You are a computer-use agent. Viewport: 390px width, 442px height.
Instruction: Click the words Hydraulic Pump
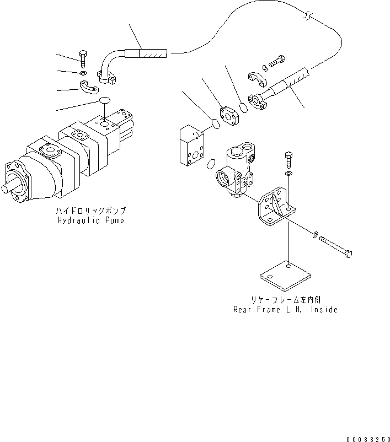[91, 220]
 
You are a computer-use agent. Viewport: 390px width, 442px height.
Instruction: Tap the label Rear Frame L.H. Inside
[285, 309]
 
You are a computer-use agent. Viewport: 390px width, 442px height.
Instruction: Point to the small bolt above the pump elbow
[82, 57]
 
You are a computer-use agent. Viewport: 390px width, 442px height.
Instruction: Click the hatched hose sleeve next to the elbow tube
[146, 54]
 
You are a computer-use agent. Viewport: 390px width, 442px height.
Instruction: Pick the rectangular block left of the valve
[192, 145]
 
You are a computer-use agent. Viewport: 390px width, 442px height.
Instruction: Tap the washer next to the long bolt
[314, 235]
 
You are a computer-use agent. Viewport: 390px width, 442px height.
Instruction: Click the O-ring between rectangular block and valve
[210, 164]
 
